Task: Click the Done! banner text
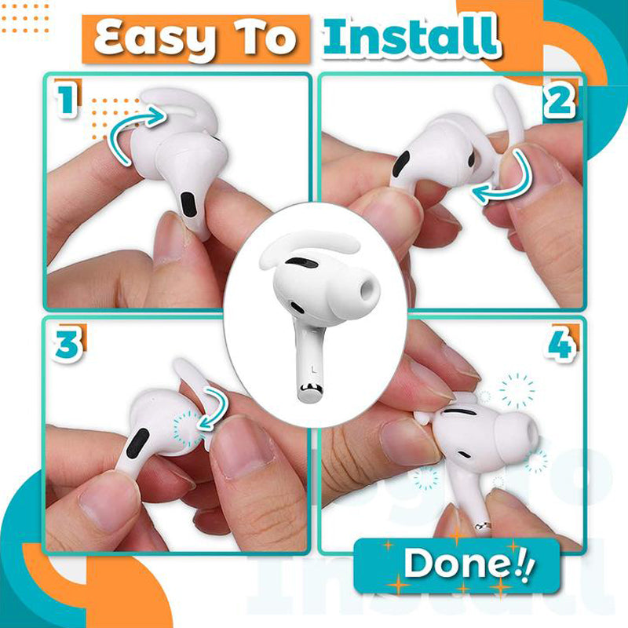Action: coord(455,564)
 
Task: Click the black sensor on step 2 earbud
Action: coord(400,164)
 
